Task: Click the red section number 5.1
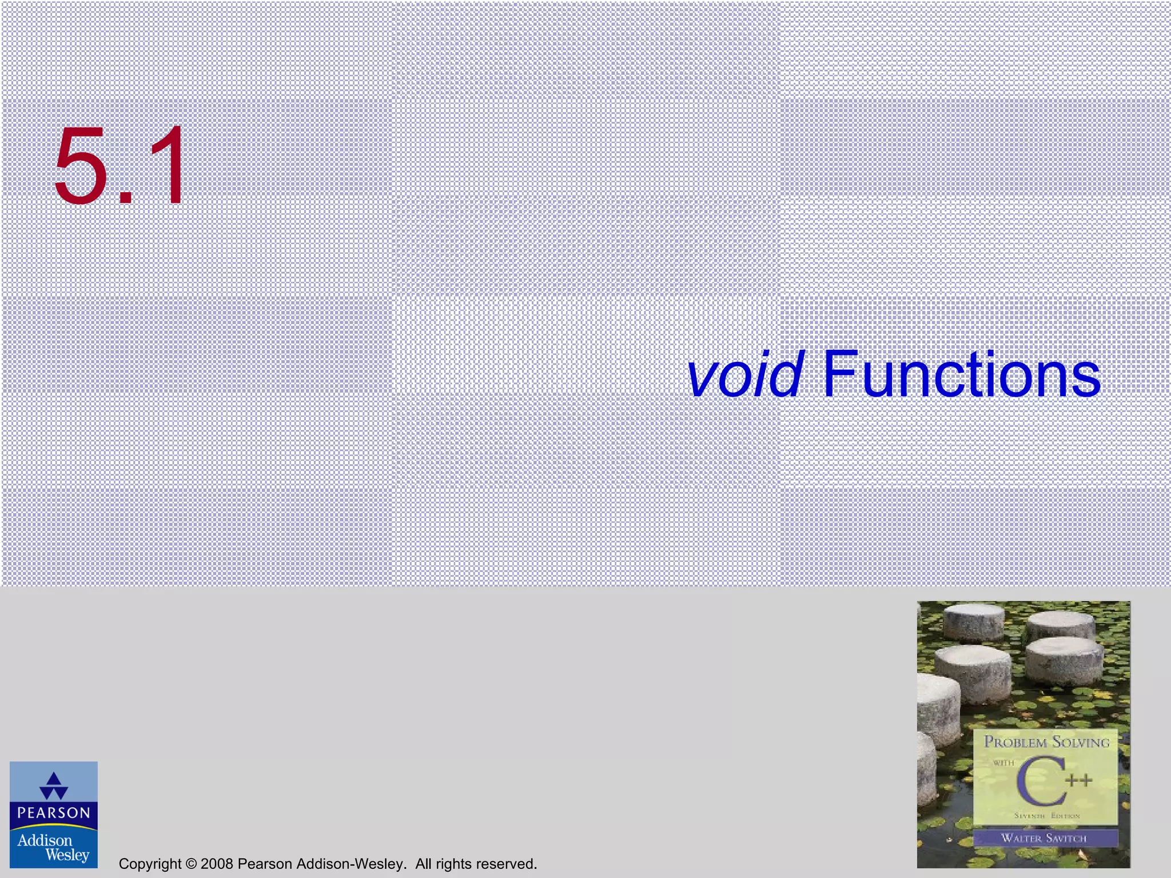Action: (120, 166)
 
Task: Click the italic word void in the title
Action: (746, 375)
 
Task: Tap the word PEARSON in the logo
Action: (54, 813)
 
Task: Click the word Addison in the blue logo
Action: (45, 840)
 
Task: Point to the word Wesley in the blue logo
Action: (67, 855)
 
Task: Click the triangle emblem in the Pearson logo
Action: (54, 786)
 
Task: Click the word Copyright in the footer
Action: (150, 864)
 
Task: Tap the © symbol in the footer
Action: (191, 864)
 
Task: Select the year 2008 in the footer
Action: (217, 864)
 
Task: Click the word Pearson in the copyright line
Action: (262, 864)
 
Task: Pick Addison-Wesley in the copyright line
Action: (348, 864)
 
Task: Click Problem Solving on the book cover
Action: (1046, 742)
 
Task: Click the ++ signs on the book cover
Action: (1078, 780)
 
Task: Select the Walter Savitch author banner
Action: (1044, 838)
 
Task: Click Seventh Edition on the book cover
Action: (1046, 816)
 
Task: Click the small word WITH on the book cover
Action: (1003, 763)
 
